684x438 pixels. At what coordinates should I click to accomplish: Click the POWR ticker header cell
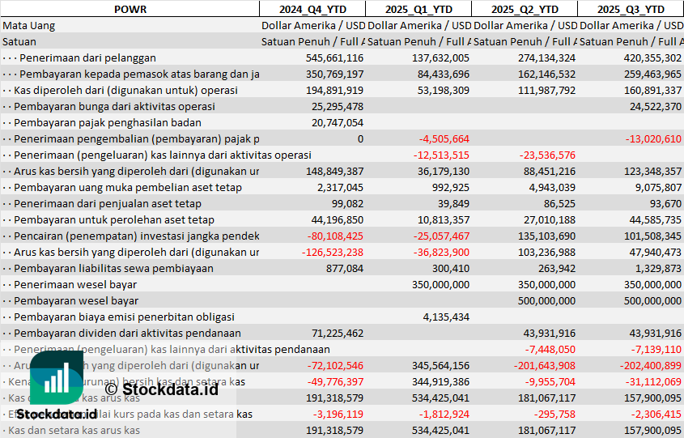[130, 9]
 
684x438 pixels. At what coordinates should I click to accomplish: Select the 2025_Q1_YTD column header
[418, 9]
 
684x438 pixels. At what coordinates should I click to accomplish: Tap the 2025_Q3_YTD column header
[631, 9]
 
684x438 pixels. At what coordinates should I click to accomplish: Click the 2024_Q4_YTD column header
[312, 9]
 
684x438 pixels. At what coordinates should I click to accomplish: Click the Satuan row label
[19, 41]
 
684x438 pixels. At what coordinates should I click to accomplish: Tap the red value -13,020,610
[653, 138]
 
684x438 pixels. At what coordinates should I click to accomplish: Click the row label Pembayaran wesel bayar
[76, 300]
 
